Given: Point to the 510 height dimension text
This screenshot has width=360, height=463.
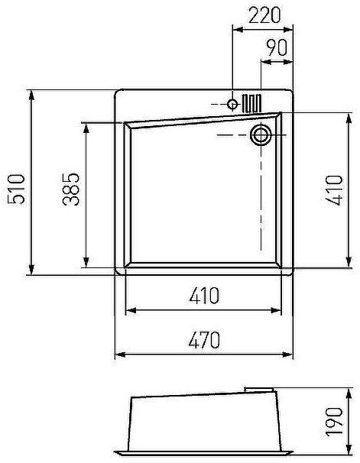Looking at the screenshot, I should (x=16, y=188).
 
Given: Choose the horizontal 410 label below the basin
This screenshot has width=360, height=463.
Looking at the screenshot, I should (x=203, y=295).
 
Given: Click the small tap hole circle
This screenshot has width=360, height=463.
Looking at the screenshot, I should (x=233, y=103).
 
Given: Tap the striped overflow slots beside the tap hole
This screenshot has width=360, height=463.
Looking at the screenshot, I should (x=253, y=102).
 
